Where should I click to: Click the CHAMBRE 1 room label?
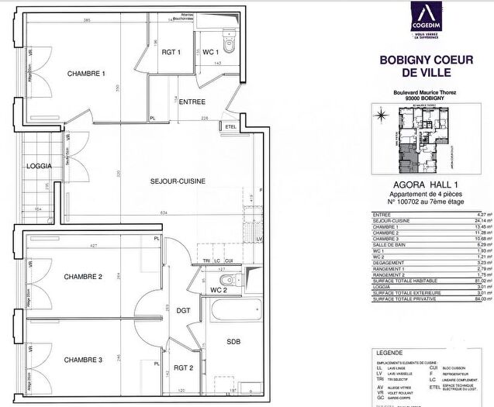85,74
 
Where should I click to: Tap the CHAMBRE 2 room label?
84,277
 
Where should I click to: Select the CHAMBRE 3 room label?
84,360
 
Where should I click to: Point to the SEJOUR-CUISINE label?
178,181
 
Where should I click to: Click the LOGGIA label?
40,166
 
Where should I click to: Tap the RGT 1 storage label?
171,52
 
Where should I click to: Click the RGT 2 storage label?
184,368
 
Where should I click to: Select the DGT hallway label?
183,310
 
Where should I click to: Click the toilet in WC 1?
224,36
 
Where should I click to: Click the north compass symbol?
382,117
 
